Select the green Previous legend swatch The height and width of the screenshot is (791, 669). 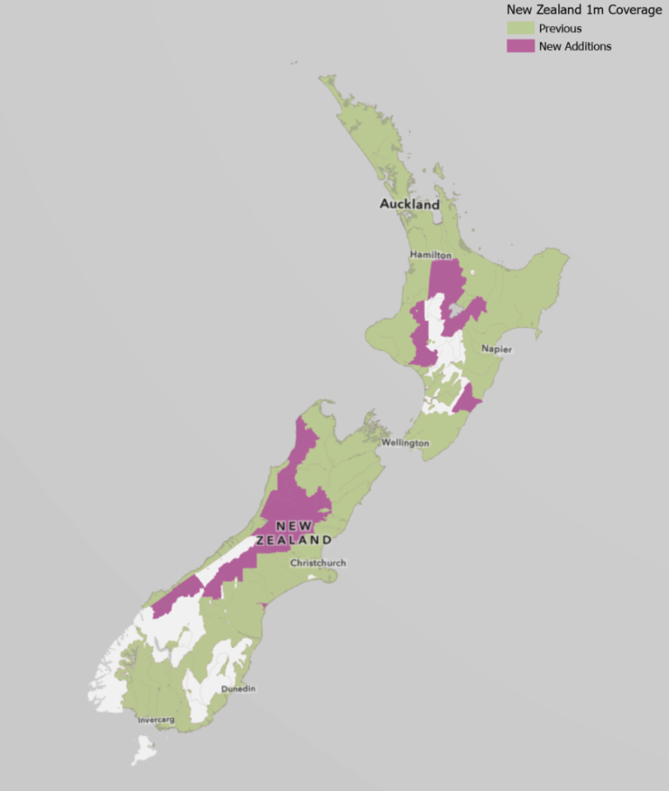point(520,29)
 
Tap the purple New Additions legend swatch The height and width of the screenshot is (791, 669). point(520,46)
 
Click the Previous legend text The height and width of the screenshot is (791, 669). point(560,29)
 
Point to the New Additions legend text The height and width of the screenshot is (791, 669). point(575,46)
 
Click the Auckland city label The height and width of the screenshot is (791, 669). point(409,204)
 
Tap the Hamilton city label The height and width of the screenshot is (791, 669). point(432,255)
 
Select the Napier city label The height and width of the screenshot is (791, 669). point(497,349)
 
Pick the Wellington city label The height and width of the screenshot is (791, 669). point(405,443)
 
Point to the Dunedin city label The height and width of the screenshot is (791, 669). point(238,689)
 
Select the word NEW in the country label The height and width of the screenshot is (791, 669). point(294,526)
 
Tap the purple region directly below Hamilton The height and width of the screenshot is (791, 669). point(446,279)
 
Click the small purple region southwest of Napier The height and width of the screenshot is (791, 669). point(465,400)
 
